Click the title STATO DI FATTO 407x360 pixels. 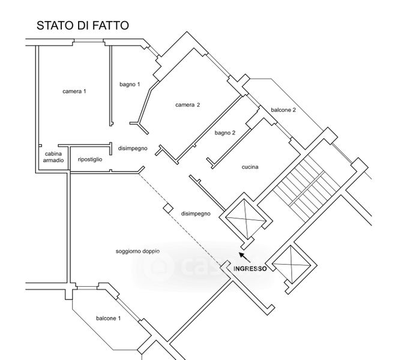[x=82, y=25]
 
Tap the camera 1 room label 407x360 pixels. [x=74, y=91]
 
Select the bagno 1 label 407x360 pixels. [x=130, y=84]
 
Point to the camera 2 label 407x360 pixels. [x=187, y=105]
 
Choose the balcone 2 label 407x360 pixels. [x=283, y=110]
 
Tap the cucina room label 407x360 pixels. [x=250, y=167]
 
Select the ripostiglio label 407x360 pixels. [x=90, y=159]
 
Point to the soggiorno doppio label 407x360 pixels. [x=137, y=251]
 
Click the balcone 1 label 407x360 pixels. [x=108, y=318]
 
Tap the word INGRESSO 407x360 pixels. [x=250, y=269]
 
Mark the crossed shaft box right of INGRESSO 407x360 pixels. [x=290, y=264]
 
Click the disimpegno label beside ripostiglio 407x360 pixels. [x=132, y=148]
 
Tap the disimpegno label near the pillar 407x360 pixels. [x=196, y=213]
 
